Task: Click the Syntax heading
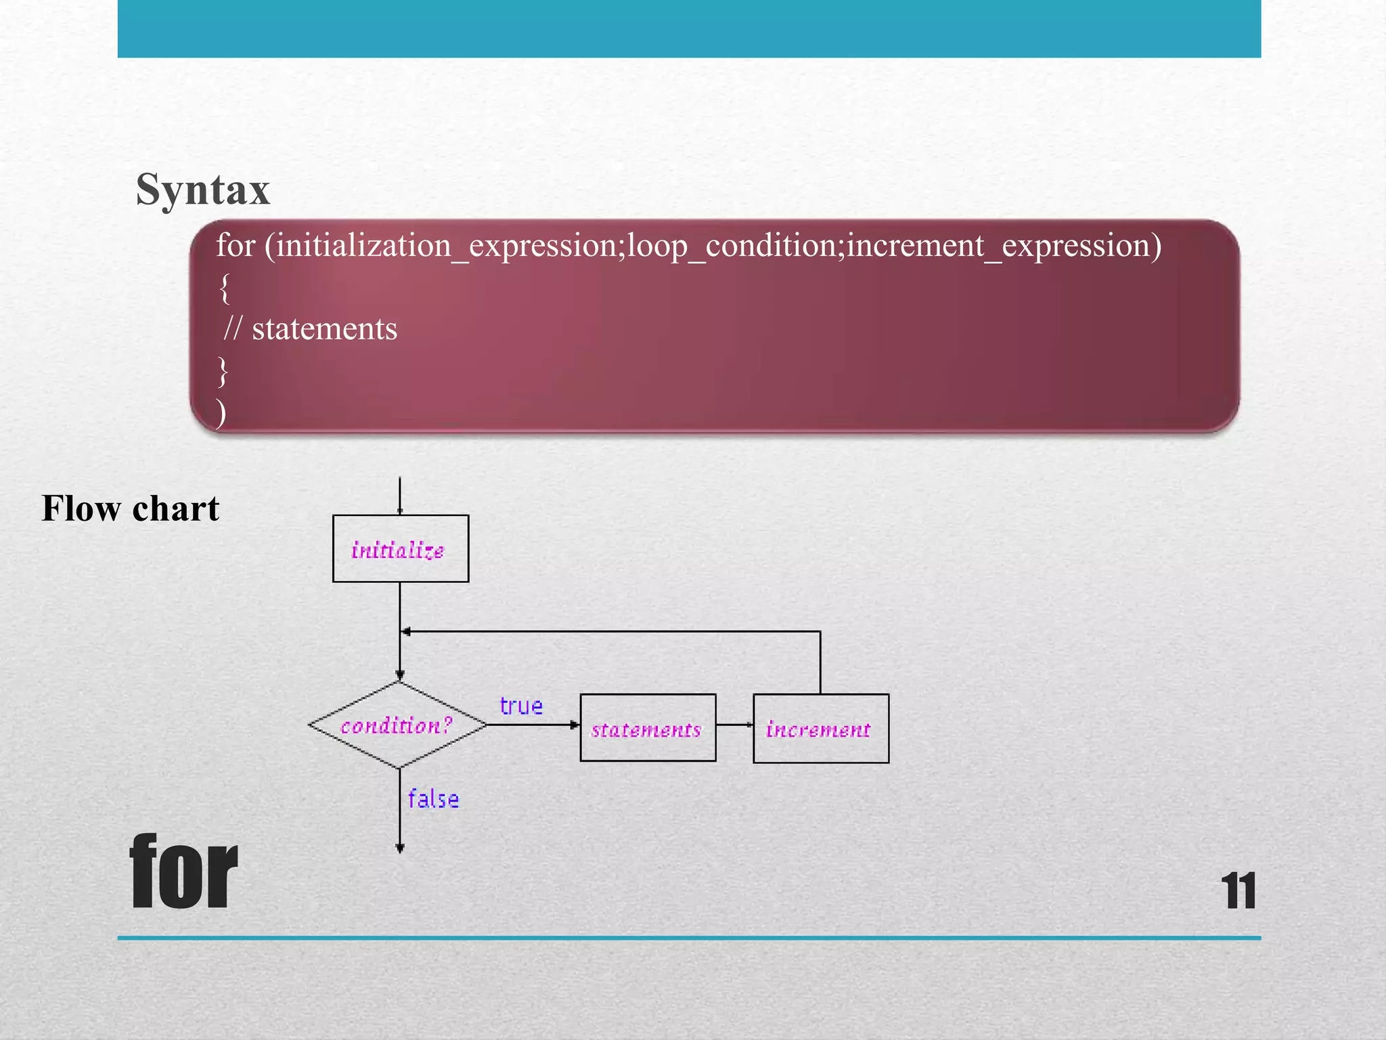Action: (202, 189)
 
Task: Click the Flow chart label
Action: (131, 508)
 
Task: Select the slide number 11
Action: (1238, 892)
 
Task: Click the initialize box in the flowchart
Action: (400, 548)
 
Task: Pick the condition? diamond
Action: (397, 725)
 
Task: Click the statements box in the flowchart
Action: (648, 728)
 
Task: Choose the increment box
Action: (820, 729)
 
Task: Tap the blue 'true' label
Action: (520, 706)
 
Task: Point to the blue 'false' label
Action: (433, 800)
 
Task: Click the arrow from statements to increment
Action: (734, 724)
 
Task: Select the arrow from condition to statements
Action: (532, 724)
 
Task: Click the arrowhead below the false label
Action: (400, 848)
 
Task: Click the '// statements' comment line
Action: (311, 329)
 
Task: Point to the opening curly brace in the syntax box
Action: (225, 288)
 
